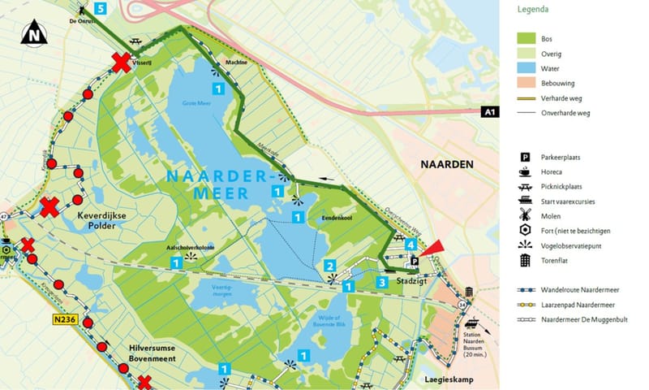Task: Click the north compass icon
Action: click(x=33, y=34)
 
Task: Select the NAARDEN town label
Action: click(x=446, y=164)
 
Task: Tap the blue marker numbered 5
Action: click(x=100, y=9)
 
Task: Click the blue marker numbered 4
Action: click(x=411, y=245)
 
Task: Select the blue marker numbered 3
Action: click(x=381, y=282)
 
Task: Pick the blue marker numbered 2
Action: click(x=329, y=266)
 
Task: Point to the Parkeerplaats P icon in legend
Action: click(x=525, y=156)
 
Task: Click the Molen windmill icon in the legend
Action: click(x=525, y=214)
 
